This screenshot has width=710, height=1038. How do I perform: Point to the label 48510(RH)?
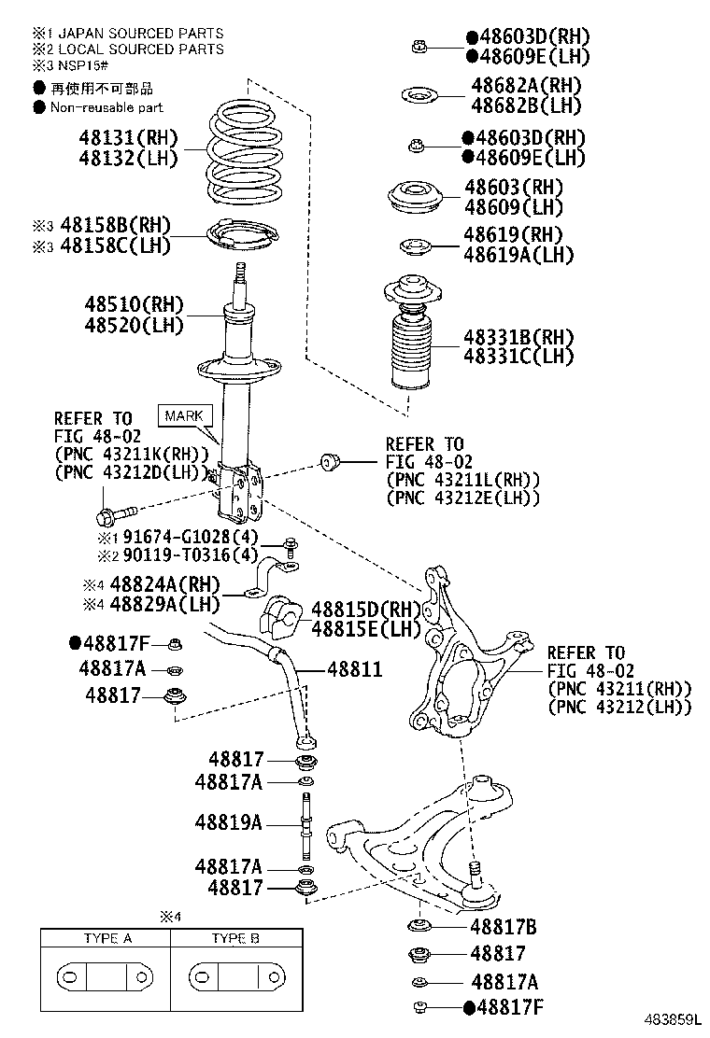pos(135,305)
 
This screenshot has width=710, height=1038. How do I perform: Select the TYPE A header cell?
pos(107,938)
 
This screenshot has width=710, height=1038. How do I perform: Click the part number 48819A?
pos(229,822)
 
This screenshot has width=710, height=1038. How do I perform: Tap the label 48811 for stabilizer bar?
pos(354,670)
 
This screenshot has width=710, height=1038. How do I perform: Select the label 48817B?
pos(504,927)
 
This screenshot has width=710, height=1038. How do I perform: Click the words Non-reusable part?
pos(106,107)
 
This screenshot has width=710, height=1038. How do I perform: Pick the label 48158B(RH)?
pos(115,225)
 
